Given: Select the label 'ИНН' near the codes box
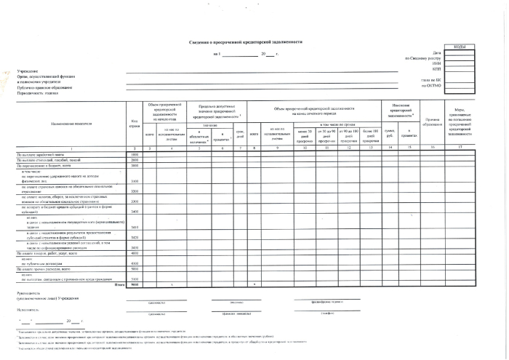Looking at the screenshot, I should [x=436, y=63].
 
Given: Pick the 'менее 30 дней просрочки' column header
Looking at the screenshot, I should [x=305, y=137].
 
